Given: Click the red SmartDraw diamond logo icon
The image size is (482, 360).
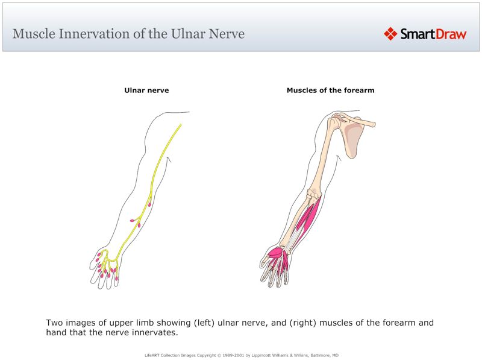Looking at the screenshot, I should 390,34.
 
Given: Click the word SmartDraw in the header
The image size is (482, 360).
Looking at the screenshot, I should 433,34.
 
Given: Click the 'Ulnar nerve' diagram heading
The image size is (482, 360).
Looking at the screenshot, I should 146,90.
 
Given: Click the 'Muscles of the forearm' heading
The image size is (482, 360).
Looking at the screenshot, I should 330,90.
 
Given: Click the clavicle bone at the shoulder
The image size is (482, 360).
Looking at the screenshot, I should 361,121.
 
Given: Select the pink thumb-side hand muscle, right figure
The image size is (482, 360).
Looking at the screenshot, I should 275,254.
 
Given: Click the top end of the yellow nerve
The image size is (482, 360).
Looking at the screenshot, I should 180,125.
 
